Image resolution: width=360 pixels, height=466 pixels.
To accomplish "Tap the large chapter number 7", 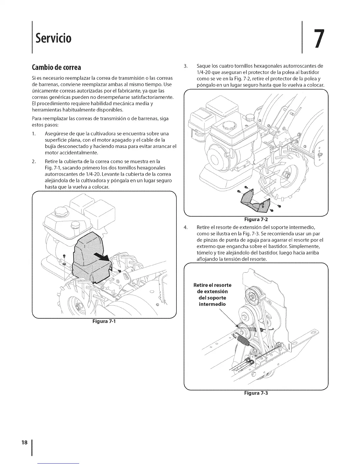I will tap(317, 38).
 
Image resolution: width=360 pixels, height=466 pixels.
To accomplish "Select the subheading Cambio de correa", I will tap(56, 67).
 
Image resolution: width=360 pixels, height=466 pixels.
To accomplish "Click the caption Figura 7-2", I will tap(255, 219).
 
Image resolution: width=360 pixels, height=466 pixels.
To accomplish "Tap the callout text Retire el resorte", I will tap(212, 285).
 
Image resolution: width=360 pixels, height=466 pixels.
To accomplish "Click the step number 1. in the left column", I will tap(34, 134).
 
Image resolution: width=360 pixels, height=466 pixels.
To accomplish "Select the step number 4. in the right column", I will tap(185, 227).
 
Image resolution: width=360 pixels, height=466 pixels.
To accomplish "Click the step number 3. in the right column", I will tap(185, 66).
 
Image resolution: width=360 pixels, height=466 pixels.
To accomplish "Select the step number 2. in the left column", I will tap(34, 162).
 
